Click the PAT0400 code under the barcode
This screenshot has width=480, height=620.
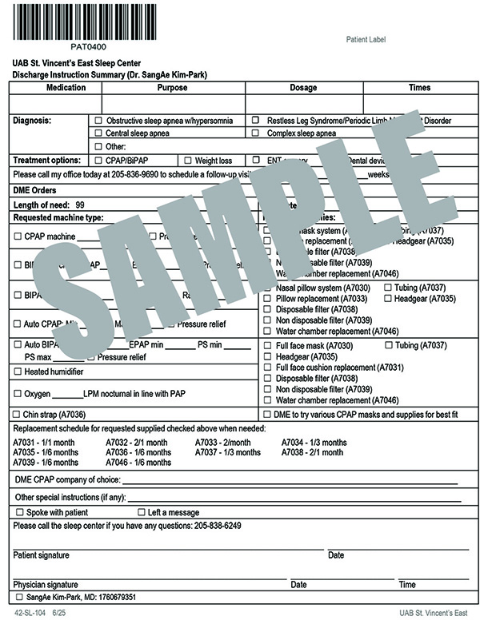[65, 47]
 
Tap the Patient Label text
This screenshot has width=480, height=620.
[366, 39]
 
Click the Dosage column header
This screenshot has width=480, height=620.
[303, 87]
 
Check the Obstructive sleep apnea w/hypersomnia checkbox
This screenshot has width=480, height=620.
[98, 121]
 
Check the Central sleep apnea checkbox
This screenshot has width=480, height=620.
[98, 133]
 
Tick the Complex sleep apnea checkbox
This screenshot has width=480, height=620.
[255, 133]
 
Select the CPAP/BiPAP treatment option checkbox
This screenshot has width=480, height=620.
[98, 160]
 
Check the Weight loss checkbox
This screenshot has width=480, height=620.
[188, 160]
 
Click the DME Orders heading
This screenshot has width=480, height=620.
[35, 191]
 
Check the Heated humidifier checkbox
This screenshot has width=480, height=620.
[18, 371]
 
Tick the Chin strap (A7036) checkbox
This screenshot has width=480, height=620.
[18, 414]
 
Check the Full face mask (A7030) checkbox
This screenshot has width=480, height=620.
[268, 345]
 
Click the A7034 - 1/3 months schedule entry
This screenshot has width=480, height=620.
[314, 443]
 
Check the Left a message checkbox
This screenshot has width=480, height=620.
[142, 512]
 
